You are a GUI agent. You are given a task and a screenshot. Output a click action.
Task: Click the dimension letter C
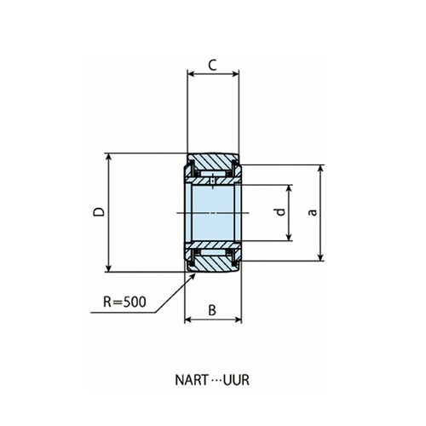click(x=212, y=65)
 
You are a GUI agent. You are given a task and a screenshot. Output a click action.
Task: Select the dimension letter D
click(x=99, y=212)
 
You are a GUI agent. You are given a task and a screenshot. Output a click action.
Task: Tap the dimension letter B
click(x=212, y=310)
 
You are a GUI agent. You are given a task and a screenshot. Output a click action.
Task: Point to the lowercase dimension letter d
click(x=280, y=212)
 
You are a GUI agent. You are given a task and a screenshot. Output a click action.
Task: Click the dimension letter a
click(x=313, y=212)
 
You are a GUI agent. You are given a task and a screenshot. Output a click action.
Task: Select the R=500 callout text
click(x=124, y=302)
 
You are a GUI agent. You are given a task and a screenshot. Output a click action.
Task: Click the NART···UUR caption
click(x=212, y=380)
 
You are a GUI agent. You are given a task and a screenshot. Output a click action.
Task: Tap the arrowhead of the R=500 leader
click(x=193, y=276)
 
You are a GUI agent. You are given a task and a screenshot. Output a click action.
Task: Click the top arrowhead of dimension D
click(x=108, y=157)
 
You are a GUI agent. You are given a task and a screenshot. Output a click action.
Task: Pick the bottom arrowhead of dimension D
click(x=108, y=268)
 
